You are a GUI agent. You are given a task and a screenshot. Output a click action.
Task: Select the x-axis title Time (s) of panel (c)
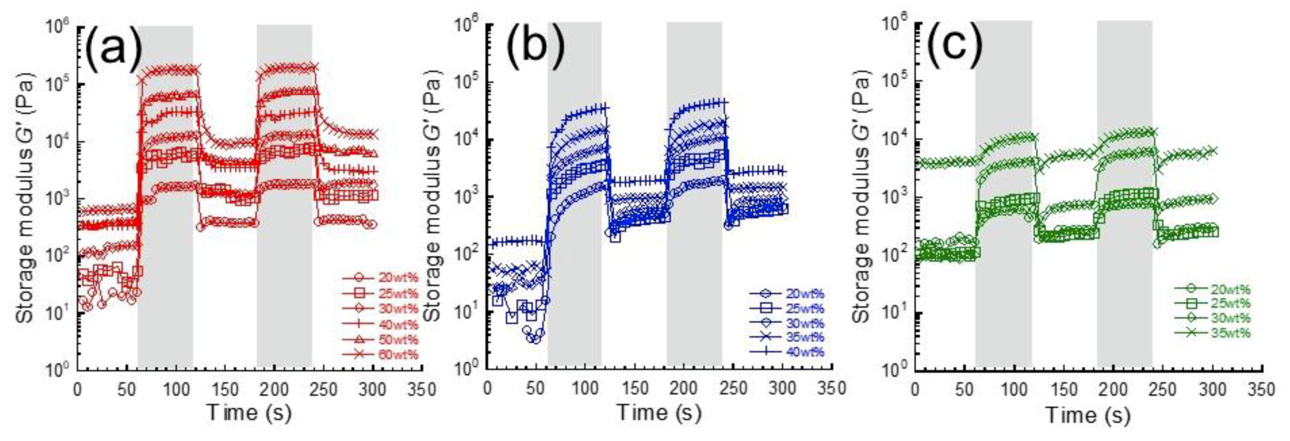[x=1088, y=414]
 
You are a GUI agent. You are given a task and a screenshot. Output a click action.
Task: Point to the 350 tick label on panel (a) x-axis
[x=422, y=390]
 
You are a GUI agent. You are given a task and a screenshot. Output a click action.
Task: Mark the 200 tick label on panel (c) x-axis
[x=1113, y=390]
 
